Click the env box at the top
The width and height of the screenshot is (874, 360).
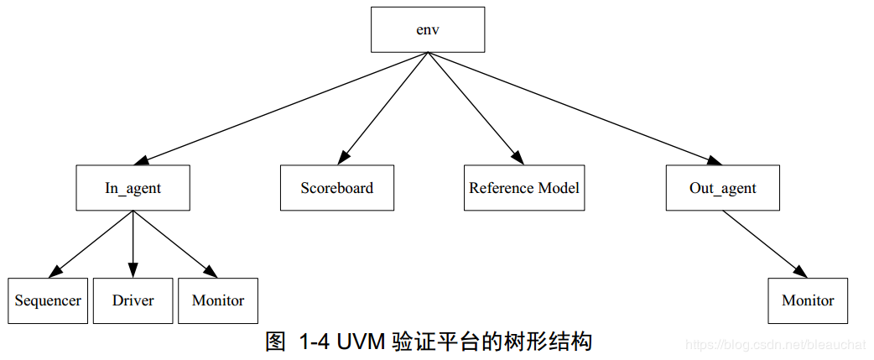(428, 29)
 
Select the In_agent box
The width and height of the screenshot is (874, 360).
(133, 187)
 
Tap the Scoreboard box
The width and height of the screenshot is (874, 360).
(336, 187)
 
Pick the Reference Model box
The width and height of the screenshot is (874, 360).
(524, 187)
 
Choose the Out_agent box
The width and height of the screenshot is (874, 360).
(722, 187)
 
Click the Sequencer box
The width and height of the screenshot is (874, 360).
(48, 300)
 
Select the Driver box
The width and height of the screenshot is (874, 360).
(133, 300)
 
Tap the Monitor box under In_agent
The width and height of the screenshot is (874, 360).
(218, 300)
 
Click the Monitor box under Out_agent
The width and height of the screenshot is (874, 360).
(808, 300)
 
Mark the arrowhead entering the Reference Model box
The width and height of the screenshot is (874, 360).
(517, 158)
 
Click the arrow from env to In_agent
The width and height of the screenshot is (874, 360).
(281, 107)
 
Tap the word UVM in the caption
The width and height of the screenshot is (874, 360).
(361, 342)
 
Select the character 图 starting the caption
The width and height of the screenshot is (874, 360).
(276, 342)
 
